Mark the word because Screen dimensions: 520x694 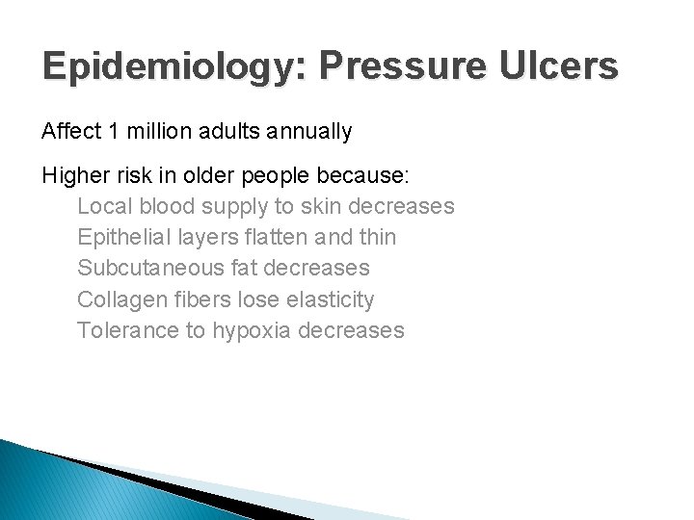[363, 177]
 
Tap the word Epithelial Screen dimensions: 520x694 [121, 238]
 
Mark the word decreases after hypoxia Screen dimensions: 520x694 [352, 330]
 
